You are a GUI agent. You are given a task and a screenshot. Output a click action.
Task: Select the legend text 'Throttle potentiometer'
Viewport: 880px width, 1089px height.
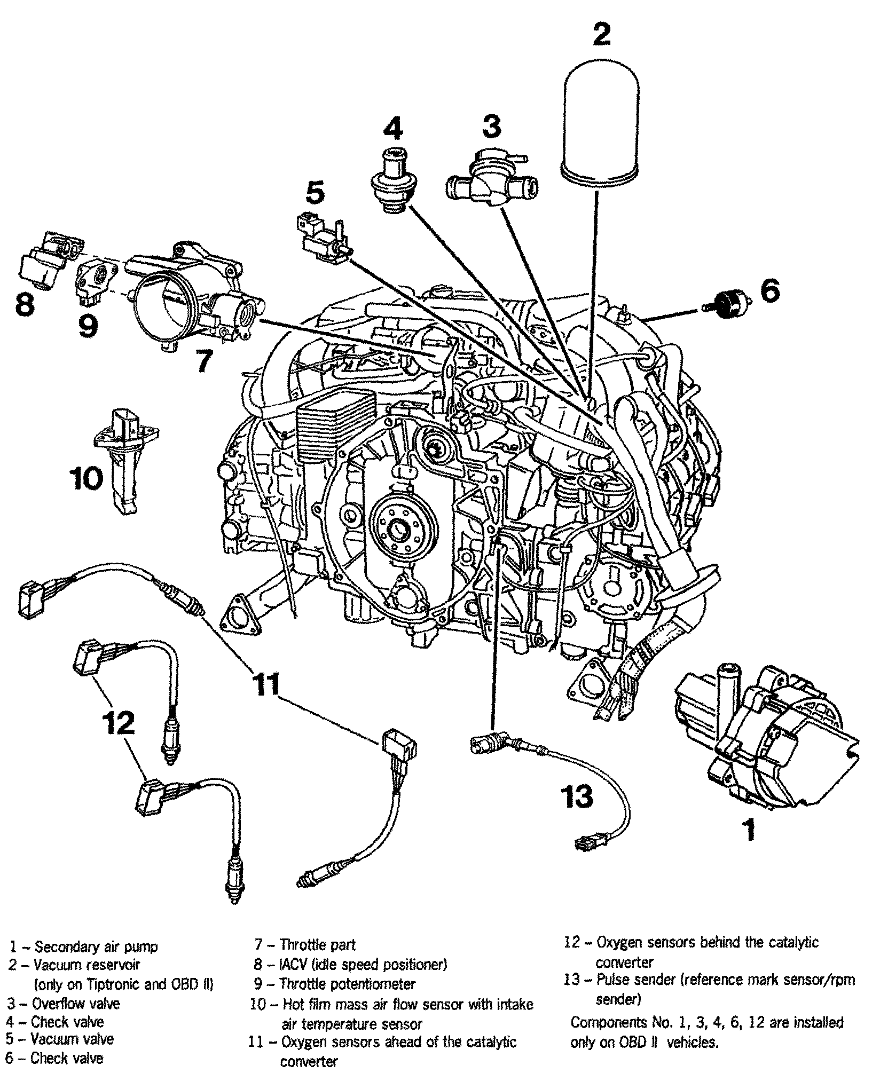click(347, 983)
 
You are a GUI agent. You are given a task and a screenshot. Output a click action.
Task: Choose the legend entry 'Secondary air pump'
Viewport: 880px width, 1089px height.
click(96, 947)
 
